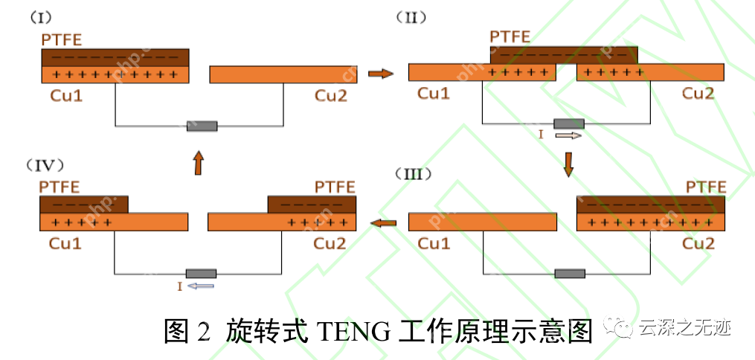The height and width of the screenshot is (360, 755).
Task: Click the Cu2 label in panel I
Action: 330,95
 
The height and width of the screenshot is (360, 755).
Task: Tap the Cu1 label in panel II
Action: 433,93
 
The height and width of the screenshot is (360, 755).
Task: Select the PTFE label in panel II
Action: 510,36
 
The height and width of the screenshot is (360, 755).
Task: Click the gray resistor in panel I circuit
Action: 202,126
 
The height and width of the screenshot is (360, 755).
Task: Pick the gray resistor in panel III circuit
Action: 570,273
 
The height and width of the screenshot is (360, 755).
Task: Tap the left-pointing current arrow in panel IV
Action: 201,286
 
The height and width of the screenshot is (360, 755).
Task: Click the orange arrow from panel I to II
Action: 380,74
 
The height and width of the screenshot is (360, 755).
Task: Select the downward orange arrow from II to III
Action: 568,164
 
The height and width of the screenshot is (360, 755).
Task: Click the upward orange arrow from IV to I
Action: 198,163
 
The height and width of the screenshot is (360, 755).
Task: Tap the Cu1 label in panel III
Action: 434,243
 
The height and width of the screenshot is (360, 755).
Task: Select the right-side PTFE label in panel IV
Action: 335,186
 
